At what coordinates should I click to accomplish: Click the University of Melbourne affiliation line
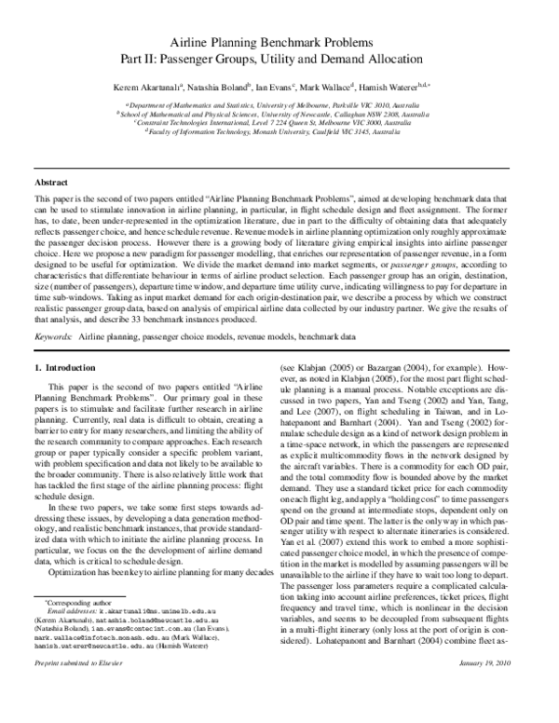coord(279,106)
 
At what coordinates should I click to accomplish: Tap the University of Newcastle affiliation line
coord(279,116)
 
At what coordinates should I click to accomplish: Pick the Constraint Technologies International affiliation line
coord(279,124)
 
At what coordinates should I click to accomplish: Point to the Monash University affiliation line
coord(279,133)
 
